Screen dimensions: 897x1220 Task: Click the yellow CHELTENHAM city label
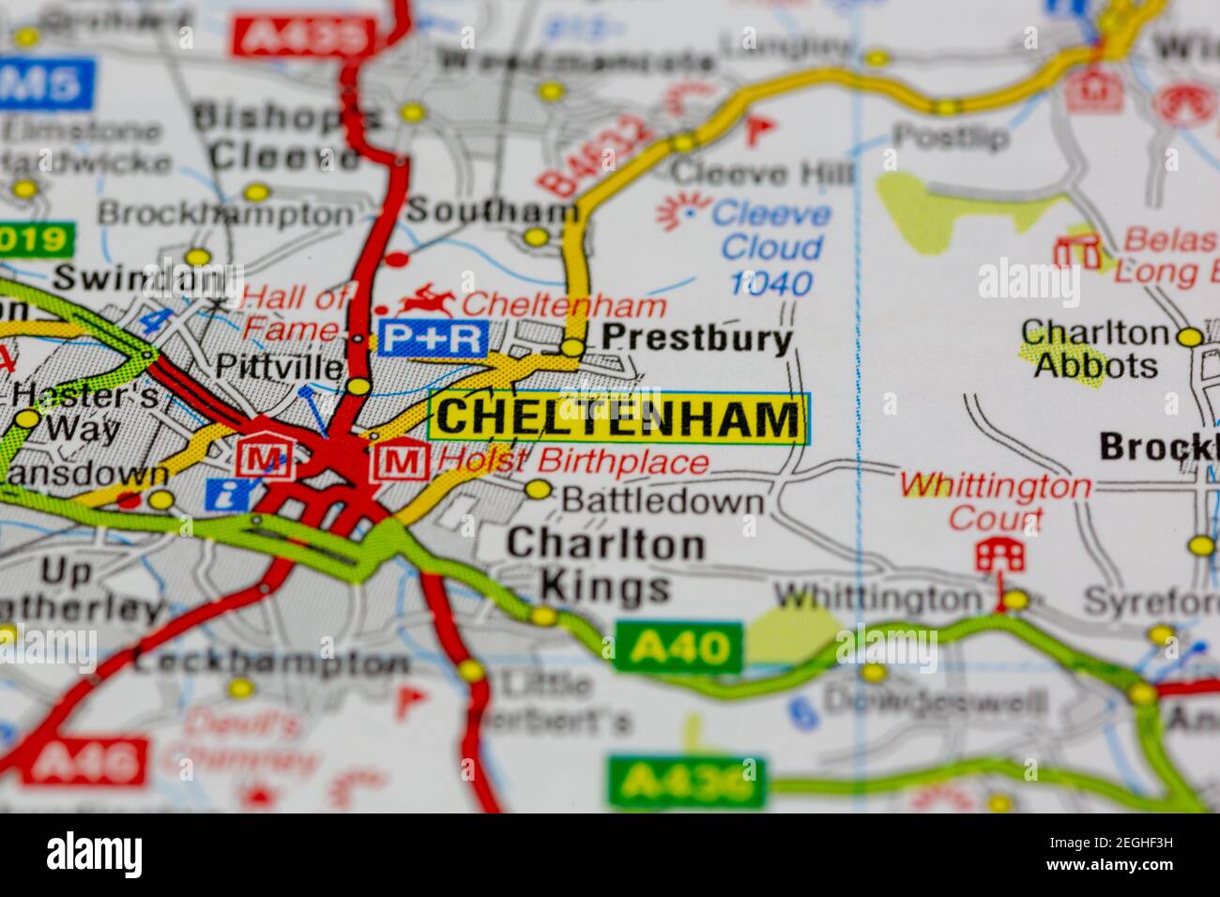pyautogui.click(x=618, y=417)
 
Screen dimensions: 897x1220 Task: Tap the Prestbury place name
pyautogui.click(x=696, y=338)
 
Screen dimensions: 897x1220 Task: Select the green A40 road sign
pyautogui.click(x=679, y=646)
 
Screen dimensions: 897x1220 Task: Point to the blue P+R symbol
pyautogui.click(x=433, y=338)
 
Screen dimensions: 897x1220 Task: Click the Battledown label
pyautogui.click(x=662, y=501)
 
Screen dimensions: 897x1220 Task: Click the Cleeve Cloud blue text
pyautogui.click(x=771, y=231)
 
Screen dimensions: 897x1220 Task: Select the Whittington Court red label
pyautogui.click(x=995, y=502)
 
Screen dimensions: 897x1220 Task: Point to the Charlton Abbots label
pyautogui.click(x=1095, y=349)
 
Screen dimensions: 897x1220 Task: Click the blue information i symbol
pyautogui.click(x=221, y=494)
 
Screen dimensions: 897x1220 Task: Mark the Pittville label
pyautogui.click(x=279, y=366)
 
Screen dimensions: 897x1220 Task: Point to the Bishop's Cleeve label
pyautogui.click(x=284, y=136)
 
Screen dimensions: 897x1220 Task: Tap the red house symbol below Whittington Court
pyautogui.click(x=999, y=555)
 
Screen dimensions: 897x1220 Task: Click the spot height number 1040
pyautogui.click(x=770, y=282)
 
